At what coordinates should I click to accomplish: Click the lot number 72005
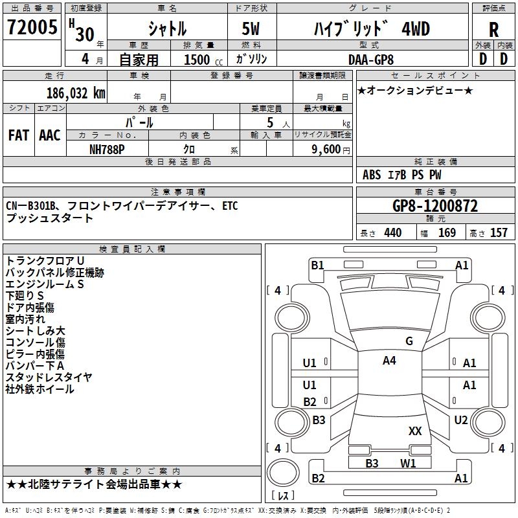tap(32, 27)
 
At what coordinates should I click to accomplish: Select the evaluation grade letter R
tap(493, 29)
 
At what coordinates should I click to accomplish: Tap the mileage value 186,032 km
tap(76, 93)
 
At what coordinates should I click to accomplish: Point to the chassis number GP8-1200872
tap(435, 207)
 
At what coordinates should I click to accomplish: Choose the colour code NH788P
tap(107, 148)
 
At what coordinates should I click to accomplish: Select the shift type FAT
tap(18, 135)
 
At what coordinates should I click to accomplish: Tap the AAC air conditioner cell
tap(50, 135)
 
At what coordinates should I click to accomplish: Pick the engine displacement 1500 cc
tap(199, 60)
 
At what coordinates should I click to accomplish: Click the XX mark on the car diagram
tap(415, 431)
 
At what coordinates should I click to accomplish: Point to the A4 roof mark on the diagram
tap(388, 361)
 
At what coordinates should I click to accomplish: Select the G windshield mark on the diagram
tap(409, 341)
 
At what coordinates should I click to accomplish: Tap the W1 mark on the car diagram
tap(408, 463)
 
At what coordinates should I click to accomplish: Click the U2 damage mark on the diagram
tap(460, 420)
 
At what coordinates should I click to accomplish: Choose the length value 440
tap(392, 233)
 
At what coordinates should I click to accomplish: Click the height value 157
tap(499, 233)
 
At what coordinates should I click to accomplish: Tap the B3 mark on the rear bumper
tap(372, 463)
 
